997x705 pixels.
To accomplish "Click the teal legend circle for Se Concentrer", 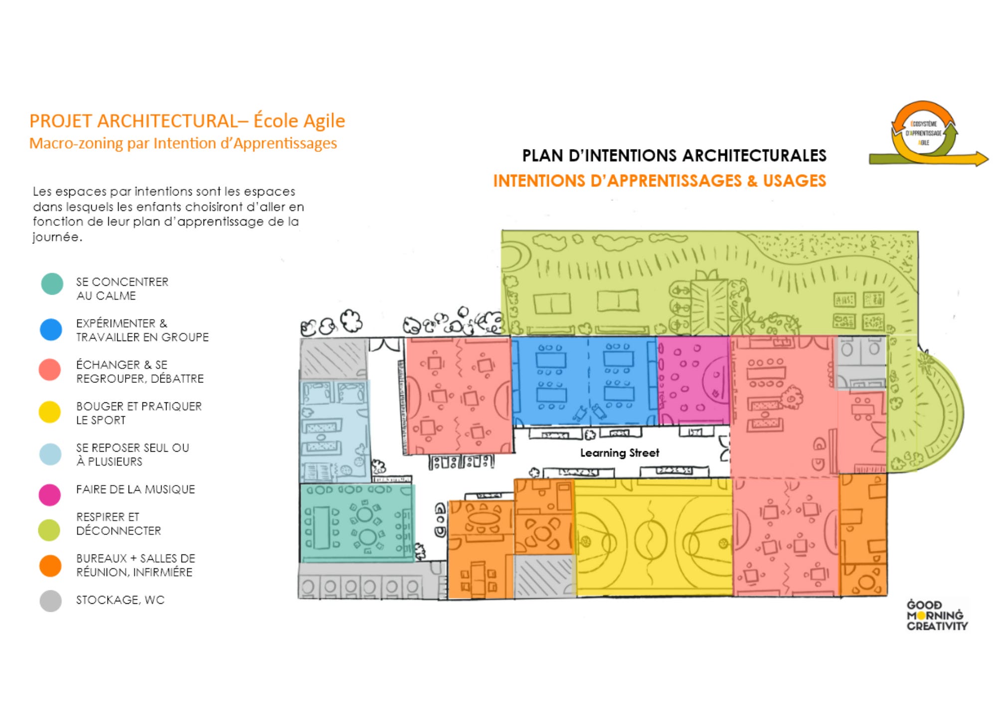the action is point(52,284).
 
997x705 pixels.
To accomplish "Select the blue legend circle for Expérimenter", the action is point(51,330).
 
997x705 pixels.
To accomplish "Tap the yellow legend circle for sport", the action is point(50,412).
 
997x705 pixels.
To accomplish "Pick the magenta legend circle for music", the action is point(50,495).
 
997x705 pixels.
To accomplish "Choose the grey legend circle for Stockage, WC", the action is point(50,601).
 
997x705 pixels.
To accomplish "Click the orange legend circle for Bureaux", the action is point(50,566).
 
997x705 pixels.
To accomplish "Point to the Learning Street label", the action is point(619,453).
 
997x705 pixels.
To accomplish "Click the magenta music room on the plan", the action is point(693,381).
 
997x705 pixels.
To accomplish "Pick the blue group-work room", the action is point(583,381).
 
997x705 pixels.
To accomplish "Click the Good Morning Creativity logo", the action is point(937,616).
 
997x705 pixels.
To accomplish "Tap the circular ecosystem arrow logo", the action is point(924,133).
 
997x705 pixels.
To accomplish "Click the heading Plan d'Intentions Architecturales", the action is point(674,156).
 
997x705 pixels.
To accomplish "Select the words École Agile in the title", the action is point(299,121).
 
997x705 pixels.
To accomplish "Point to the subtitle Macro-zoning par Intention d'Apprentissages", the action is point(183,144).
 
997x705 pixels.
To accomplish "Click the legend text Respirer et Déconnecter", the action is point(118,524).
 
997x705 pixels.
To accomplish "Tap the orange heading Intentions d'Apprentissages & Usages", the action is point(659,180).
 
